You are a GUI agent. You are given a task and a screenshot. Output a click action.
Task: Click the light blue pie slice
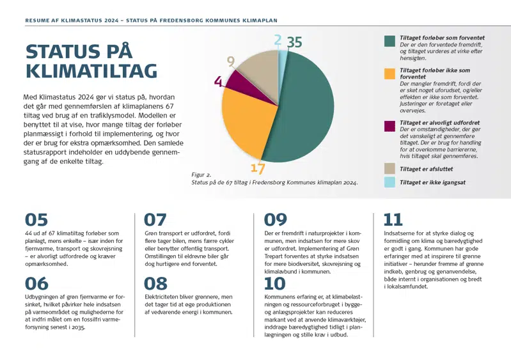(x=283, y=58)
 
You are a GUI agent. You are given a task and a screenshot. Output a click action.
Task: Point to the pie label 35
(x=294, y=42)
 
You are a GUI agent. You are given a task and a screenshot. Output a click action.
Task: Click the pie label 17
(x=257, y=168)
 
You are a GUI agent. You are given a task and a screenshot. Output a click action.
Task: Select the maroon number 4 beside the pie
(x=218, y=82)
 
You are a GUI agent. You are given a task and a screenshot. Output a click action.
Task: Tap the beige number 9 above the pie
(x=231, y=61)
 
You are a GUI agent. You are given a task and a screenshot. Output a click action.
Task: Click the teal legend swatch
(x=389, y=41)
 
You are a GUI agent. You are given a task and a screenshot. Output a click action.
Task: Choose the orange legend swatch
(x=389, y=74)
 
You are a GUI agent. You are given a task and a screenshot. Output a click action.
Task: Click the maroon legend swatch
(x=389, y=126)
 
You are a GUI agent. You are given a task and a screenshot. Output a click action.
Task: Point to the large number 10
(x=275, y=283)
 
